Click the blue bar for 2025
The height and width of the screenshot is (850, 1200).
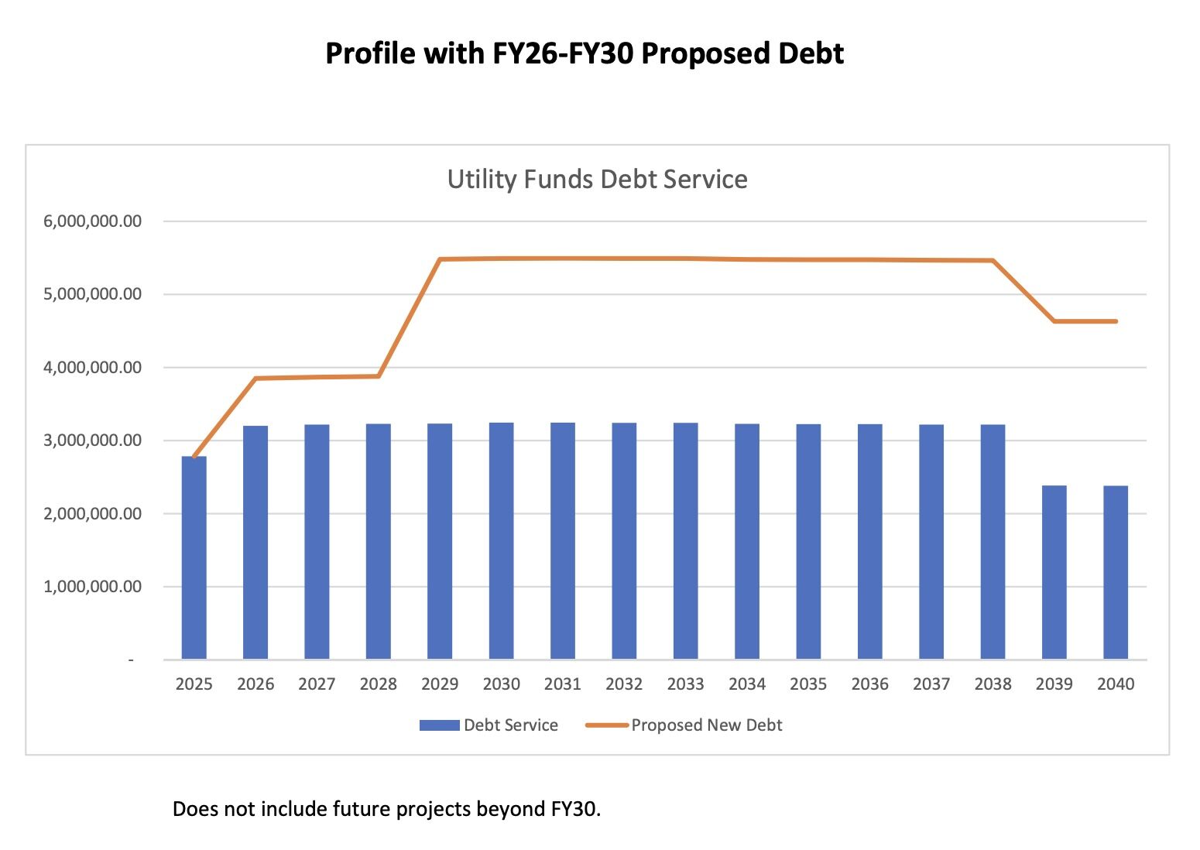pos(194,557)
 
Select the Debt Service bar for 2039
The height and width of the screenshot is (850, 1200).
pos(1054,572)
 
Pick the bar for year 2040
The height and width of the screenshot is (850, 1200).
pos(1115,572)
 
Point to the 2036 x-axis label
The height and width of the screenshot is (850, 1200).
pos(869,684)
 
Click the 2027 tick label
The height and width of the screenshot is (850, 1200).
pos(317,684)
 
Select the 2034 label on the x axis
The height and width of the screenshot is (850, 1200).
pos(747,684)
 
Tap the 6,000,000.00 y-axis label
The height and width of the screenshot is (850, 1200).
pos(93,221)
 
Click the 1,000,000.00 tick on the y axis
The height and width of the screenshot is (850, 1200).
pos(93,587)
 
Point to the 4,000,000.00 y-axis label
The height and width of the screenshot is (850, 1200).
pos(93,368)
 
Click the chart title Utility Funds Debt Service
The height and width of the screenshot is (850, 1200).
pos(597,180)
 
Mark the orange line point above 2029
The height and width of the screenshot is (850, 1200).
pos(440,259)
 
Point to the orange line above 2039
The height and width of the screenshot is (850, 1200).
pos(1054,321)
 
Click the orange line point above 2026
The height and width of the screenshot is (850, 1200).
pos(255,379)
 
